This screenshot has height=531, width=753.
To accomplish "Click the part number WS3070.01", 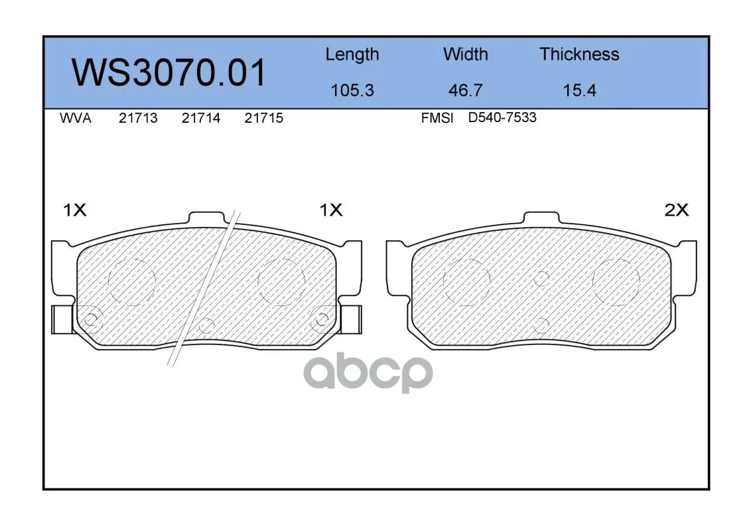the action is [169, 73].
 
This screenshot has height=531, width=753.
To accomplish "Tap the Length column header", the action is [352, 55].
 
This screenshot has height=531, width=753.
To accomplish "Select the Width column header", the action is [465, 54].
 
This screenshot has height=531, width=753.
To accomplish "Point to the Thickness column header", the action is [579, 54].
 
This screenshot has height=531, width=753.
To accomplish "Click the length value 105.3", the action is [352, 90].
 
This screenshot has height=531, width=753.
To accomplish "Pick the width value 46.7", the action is [465, 90].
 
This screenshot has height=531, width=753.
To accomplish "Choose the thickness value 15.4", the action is [579, 90].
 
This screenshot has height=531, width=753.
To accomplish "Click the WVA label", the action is [76, 118].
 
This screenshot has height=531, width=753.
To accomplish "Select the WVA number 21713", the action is [138, 118].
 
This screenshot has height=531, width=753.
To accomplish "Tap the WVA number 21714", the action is [201, 118].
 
